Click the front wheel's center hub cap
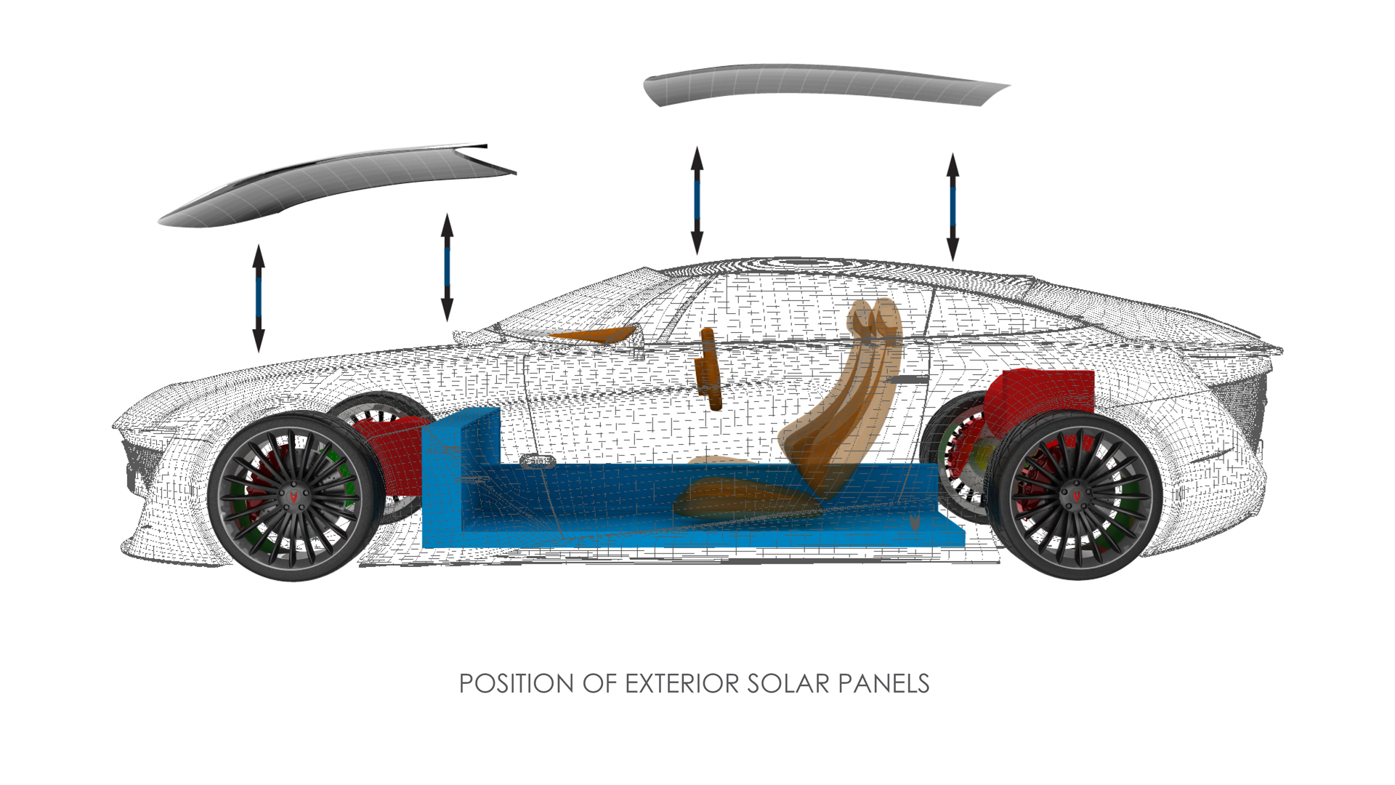point(295,496)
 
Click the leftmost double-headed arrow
point(258,298)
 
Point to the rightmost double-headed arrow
point(953,207)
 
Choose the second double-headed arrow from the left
point(447,267)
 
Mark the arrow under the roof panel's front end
point(697,200)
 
